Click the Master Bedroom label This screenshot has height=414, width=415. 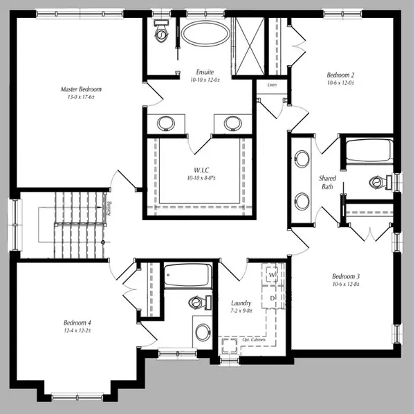coord(81,89)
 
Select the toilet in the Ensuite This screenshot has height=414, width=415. coord(161,30)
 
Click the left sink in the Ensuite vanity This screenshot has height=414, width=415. coord(166,123)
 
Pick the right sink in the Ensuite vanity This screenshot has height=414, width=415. coord(232,123)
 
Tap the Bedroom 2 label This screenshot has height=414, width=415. coord(340,75)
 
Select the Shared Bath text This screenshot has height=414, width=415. coord(327,182)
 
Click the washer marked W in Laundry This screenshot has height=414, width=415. coord(272,275)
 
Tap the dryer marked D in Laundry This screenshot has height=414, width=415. coord(272,298)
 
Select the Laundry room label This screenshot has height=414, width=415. coord(241,303)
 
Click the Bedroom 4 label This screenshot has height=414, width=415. coord(77,323)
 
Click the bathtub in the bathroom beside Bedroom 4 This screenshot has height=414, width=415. coord(187,277)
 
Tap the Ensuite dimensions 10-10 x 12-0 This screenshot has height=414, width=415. coord(204,80)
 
